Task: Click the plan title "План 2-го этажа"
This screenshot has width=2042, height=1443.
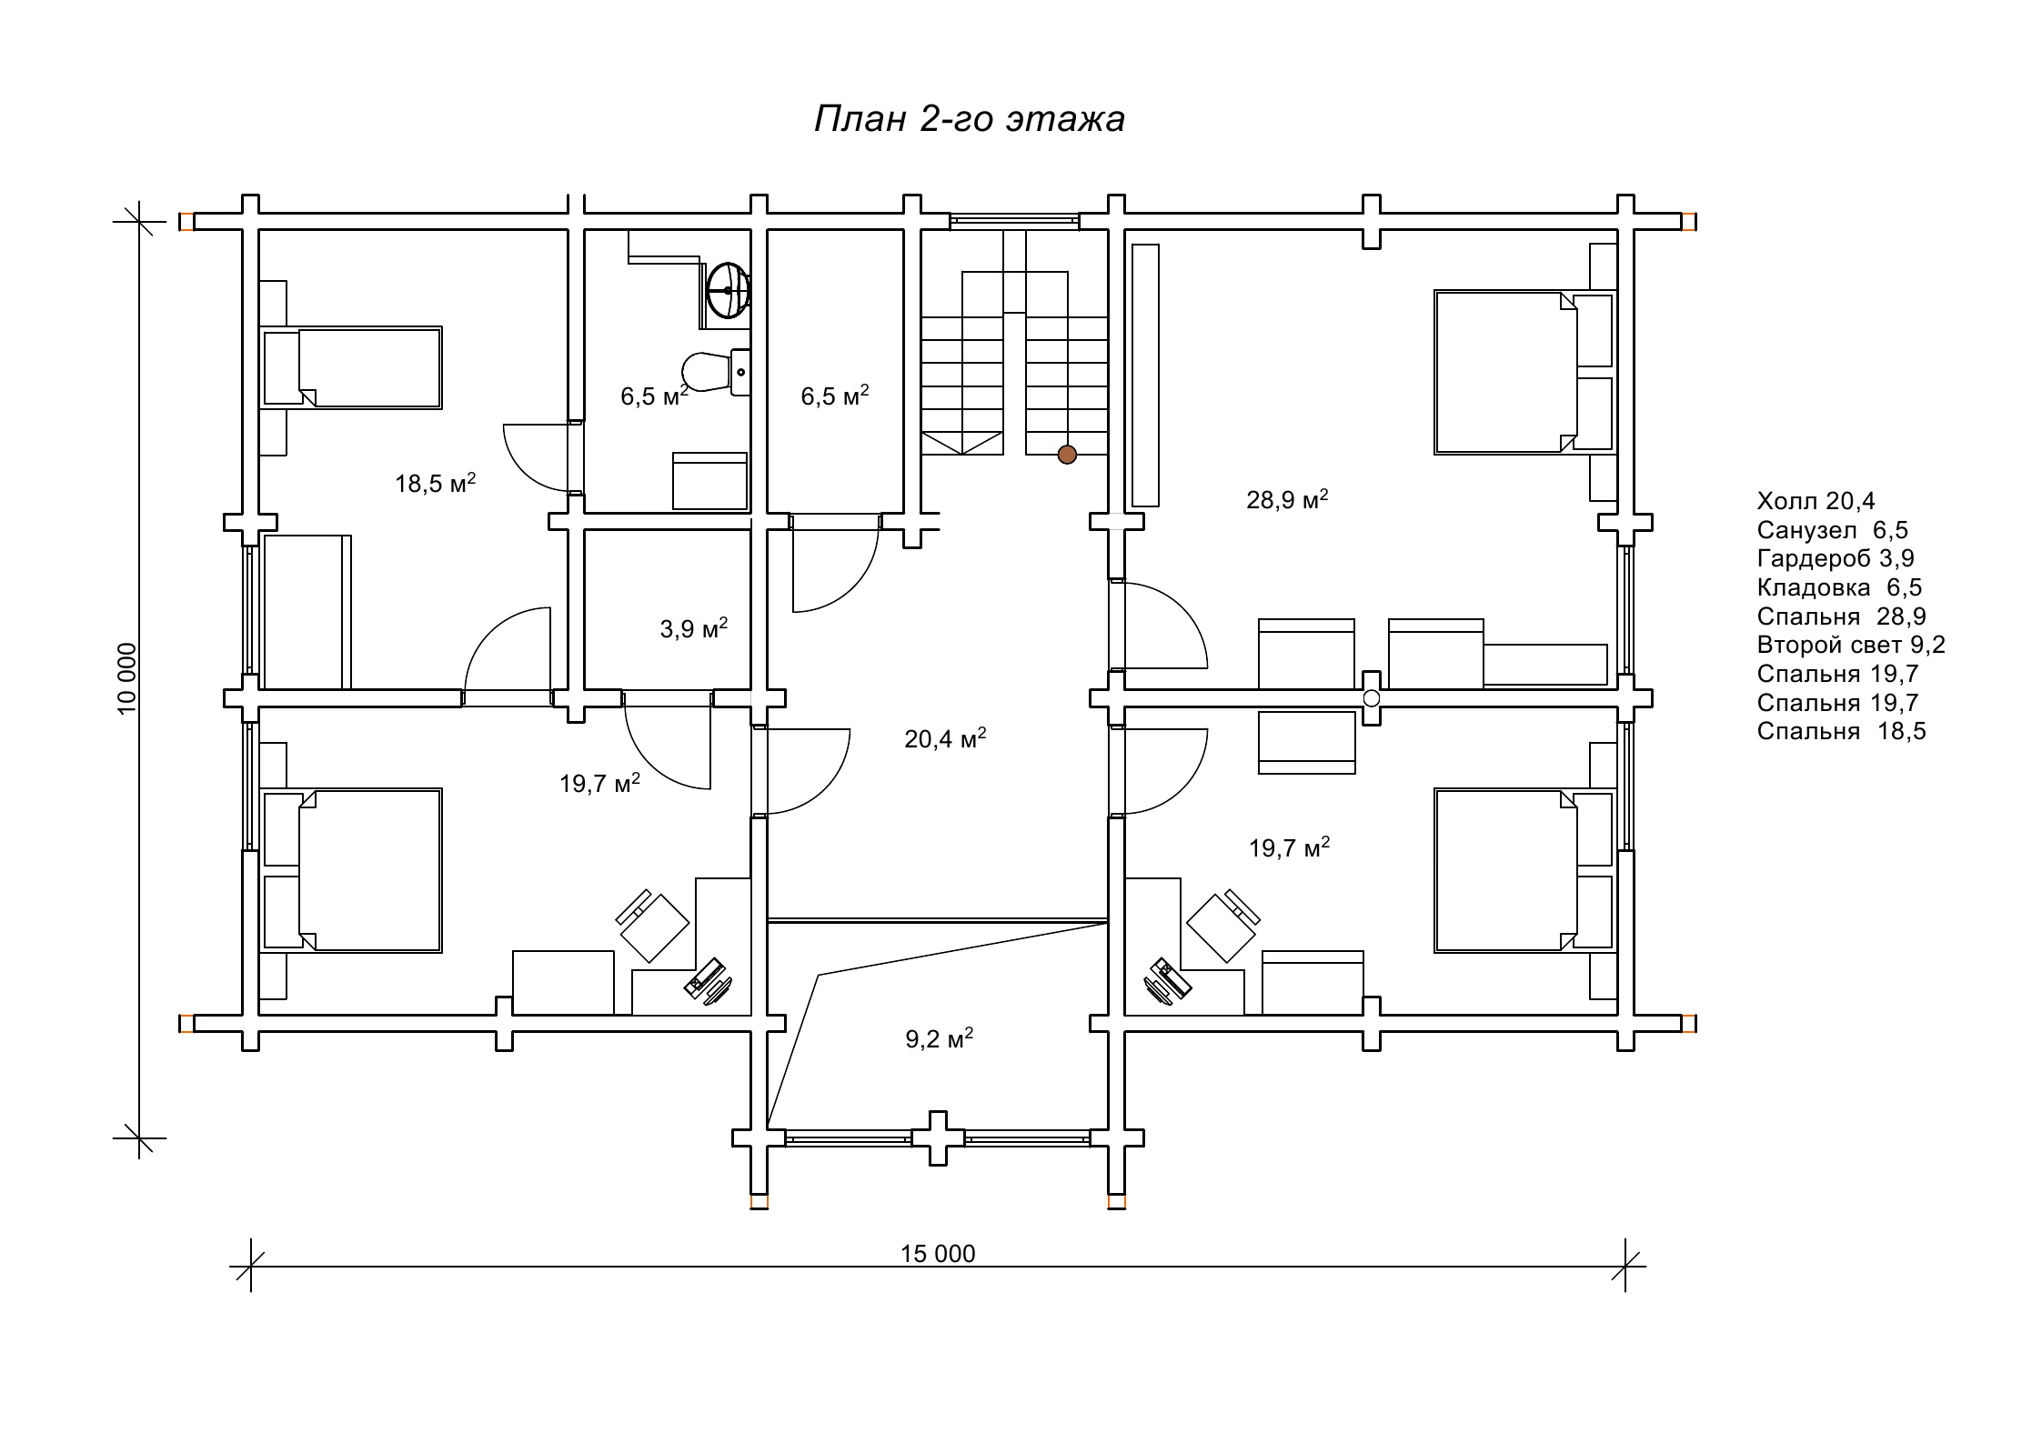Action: (x=970, y=119)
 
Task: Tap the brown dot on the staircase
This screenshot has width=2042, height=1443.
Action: (x=1067, y=454)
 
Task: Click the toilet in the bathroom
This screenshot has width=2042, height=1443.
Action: (x=716, y=372)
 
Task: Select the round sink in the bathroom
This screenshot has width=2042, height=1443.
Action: (x=728, y=290)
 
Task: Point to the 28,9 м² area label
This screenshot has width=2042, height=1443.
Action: (x=1287, y=499)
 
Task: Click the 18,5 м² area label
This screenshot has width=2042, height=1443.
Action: (x=436, y=483)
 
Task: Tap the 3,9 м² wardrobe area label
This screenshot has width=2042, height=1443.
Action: (x=694, y=628)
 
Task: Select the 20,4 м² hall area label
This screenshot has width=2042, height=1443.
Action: (x=946, y=738)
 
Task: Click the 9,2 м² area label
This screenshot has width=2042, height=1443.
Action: (x=940, y=1038)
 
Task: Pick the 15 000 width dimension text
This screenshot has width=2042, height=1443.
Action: (x=938, y=1254)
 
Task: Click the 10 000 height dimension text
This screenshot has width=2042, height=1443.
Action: (x=126, y=678)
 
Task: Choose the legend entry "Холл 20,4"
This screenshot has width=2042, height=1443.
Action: (x=1816, y=501)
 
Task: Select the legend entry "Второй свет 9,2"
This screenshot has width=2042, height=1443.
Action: (x=1851, y=646)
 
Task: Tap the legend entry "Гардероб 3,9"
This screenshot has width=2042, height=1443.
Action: (x=1836, y=558)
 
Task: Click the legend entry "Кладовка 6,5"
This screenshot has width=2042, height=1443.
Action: (x=1839, y=587)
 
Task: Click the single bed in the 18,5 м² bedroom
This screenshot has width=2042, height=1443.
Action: (x=352, y=367)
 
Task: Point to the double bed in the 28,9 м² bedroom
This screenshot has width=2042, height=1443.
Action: (x=1524, y=372)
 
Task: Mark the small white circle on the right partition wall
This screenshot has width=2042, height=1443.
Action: (x=1372, y=698)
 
